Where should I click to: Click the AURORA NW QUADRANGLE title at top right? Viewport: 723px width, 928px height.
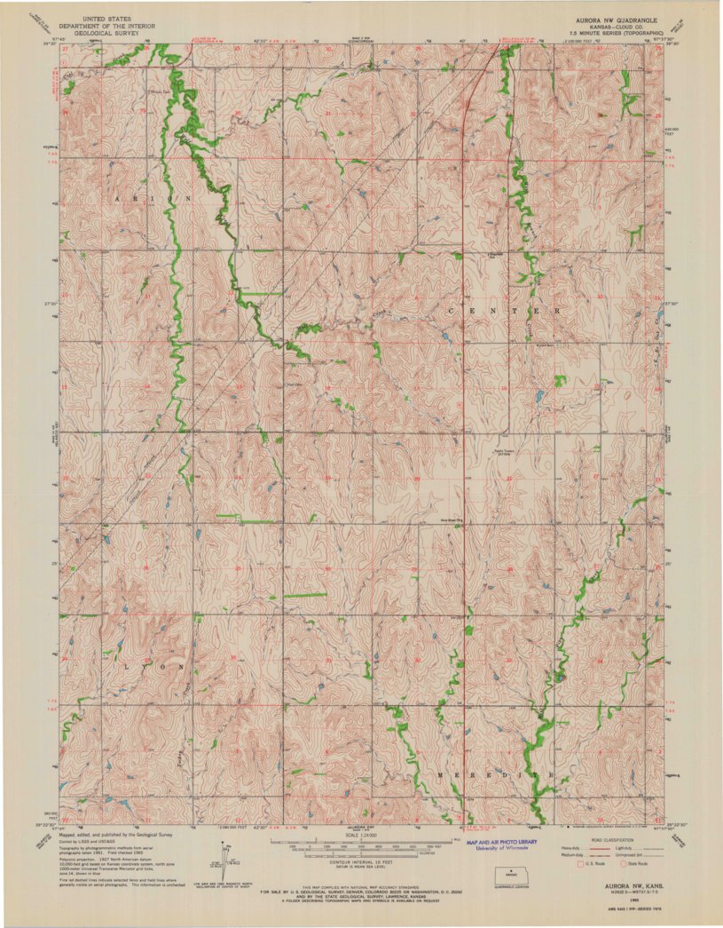pos(597,17)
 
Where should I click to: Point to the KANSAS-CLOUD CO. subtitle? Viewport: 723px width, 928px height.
pos(597,24)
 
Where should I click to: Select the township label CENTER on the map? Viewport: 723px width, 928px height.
pos(505,312)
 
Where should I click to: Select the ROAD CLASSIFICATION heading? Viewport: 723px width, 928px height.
pos(601,839)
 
